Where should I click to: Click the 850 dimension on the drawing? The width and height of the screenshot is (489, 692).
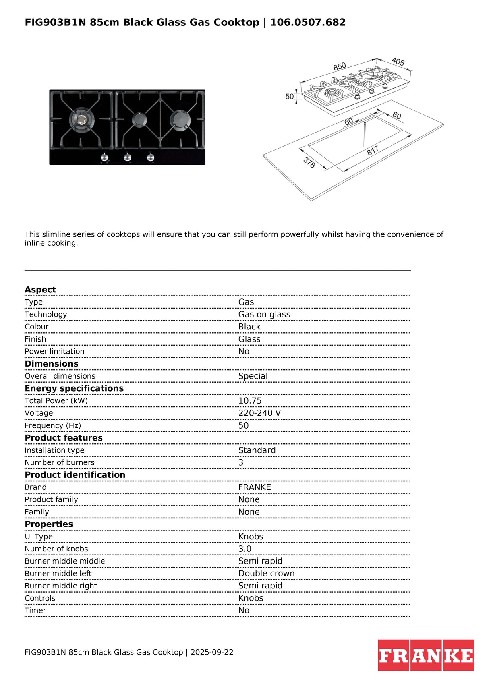[340, 66]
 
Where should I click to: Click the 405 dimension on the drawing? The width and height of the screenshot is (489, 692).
[398, 62]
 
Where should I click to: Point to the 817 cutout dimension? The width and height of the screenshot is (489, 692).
[373, 151]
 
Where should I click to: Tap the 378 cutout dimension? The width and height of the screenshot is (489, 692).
[309, 163]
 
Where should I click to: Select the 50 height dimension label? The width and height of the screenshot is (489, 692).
[289, 97]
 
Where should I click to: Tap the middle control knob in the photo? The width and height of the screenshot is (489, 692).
[127, 157]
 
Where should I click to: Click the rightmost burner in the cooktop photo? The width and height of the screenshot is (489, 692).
[180, 120]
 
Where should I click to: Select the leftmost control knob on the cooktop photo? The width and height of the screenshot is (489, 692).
[104, 157]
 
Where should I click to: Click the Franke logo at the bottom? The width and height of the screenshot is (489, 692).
[426, 655]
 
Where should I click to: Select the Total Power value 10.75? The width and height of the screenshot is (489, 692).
[250, 401]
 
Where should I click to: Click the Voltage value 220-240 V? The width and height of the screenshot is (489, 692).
[259, 413]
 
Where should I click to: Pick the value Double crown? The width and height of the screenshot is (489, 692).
[266, 574]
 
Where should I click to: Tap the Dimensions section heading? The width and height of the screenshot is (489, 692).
[52, 364]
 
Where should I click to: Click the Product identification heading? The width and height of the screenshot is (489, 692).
[75, 475]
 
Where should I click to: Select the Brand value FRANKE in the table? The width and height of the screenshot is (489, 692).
[255, 487]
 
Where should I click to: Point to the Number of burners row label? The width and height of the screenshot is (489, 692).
[60, 462]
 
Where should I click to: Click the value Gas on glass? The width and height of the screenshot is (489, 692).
[264, 315]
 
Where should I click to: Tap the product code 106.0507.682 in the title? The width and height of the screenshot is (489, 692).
[308, 22]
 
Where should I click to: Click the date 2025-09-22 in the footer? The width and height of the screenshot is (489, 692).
[212, 652]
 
